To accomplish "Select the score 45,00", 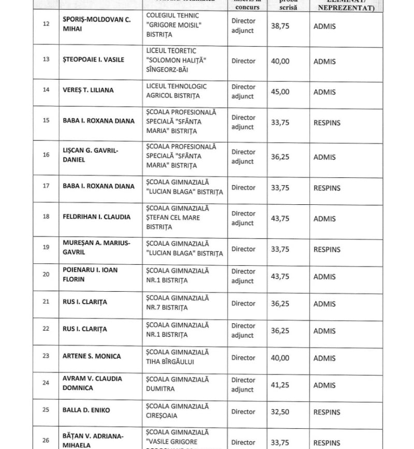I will click(280, 92).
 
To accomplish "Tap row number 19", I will click(46, 247).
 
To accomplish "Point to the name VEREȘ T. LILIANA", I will click(85, 90).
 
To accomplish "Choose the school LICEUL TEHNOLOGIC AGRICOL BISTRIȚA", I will click(176, 91).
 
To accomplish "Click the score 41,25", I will click(280, 385).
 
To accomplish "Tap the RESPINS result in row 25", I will click(327, 412).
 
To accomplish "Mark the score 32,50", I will click(280, 412).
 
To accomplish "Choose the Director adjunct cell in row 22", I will click(243, 331).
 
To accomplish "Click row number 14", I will click(46, 89).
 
